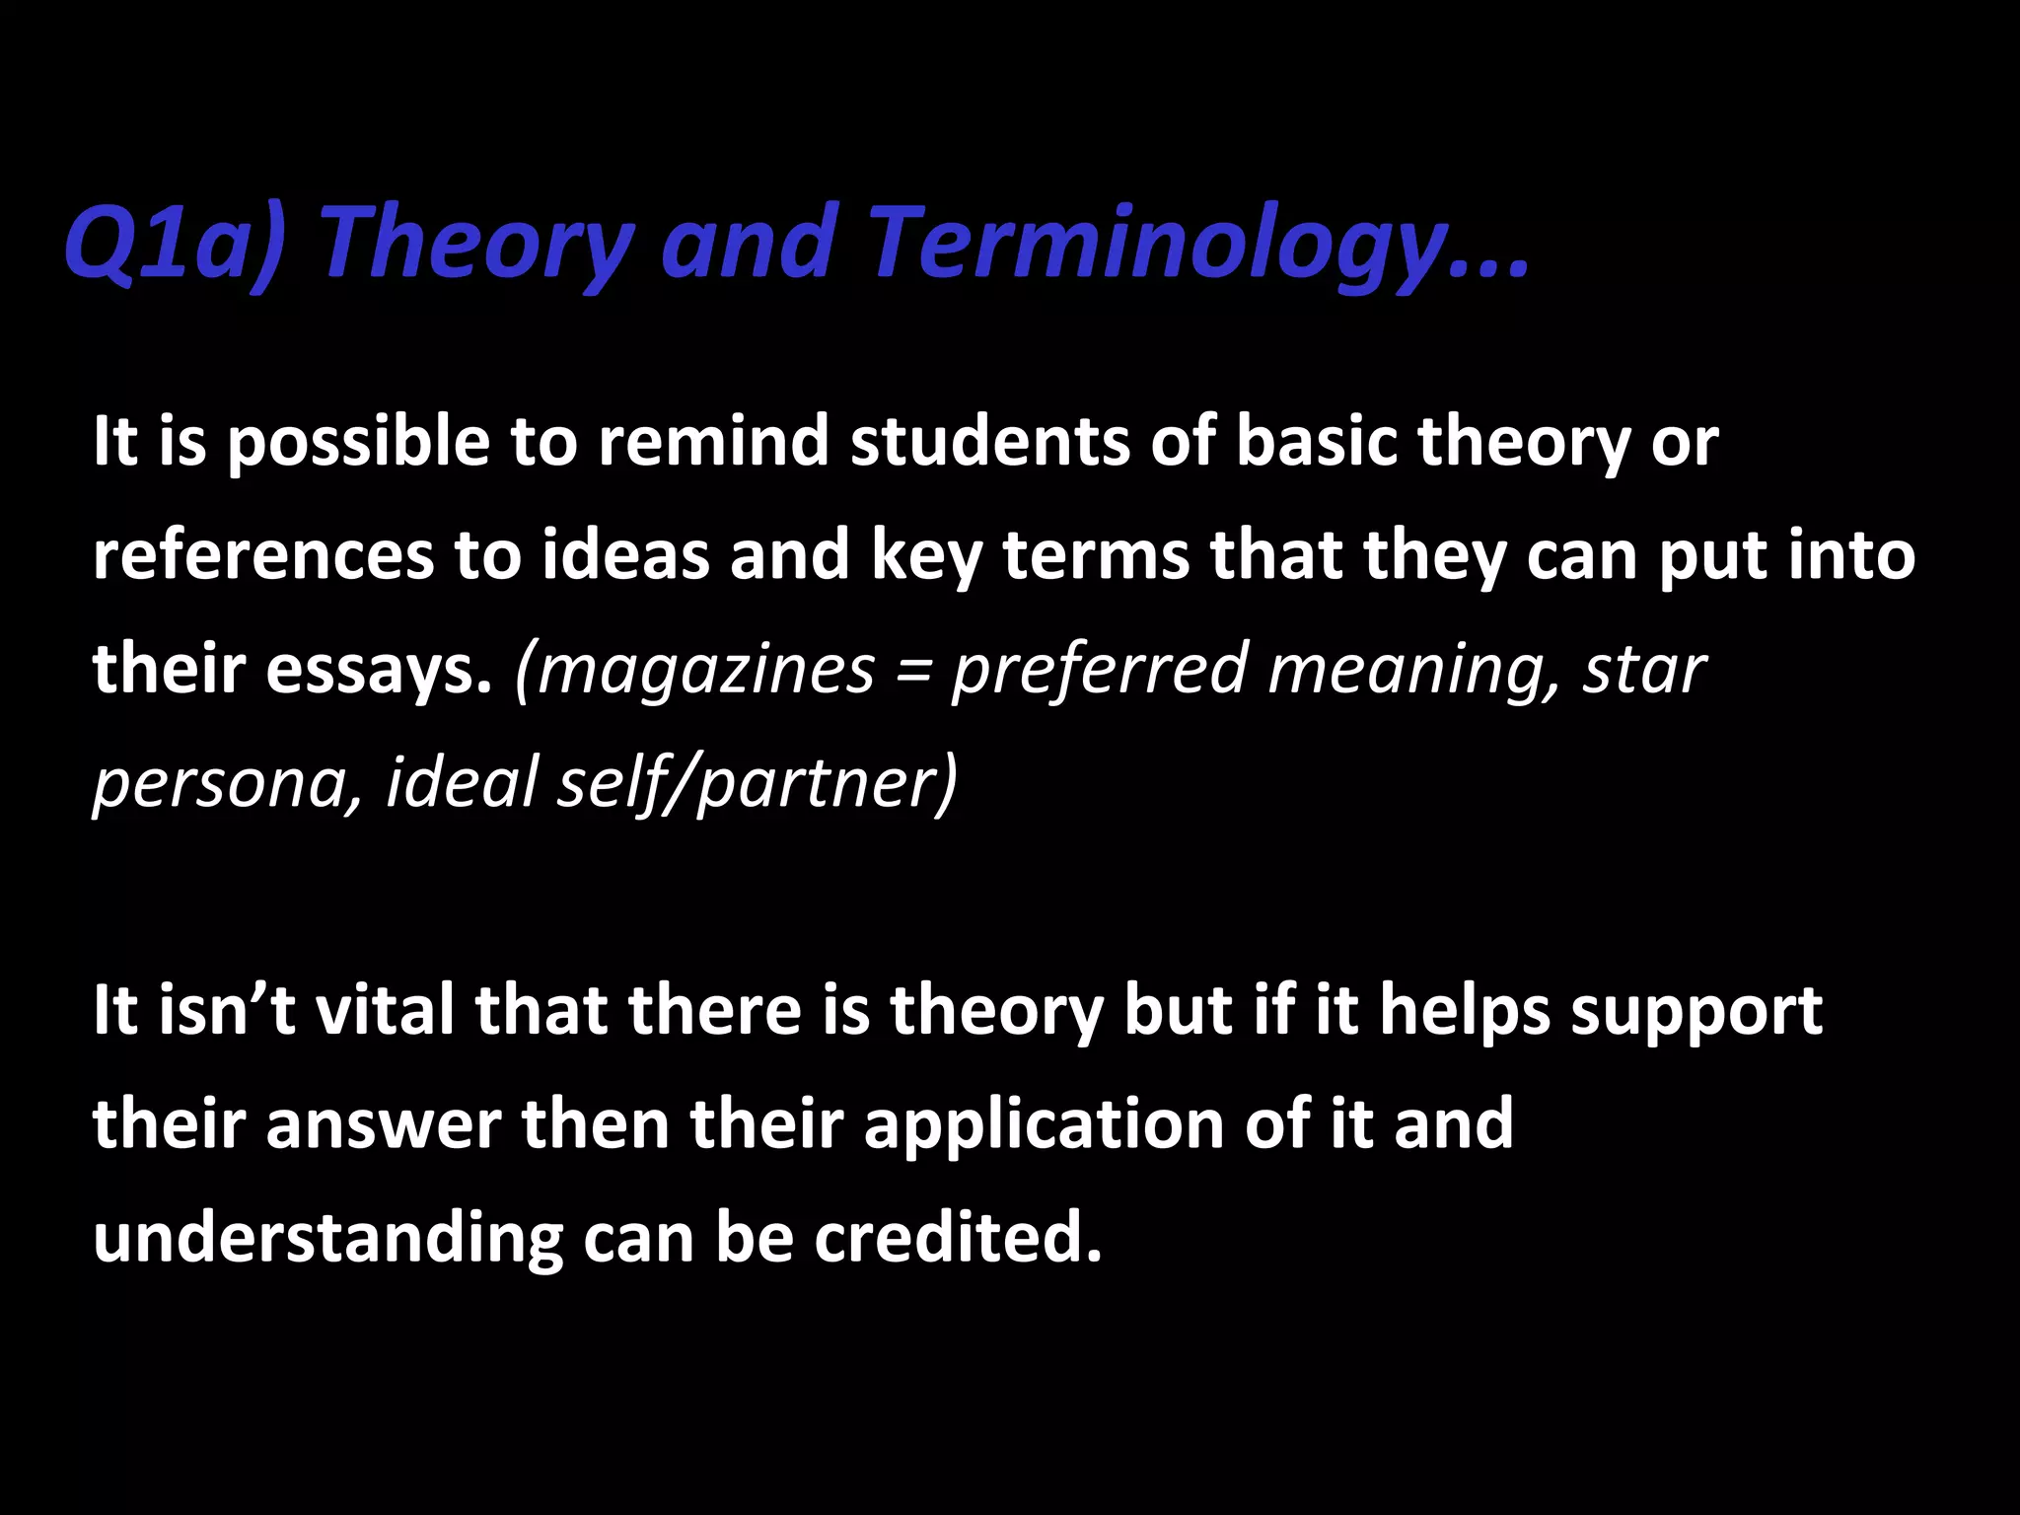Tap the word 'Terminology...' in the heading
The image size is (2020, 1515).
click(x=1199, y=243)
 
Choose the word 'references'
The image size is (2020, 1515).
click(x=262, y=555)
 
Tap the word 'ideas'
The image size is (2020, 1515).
click(x=625, y=555)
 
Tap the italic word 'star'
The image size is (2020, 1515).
click(x=1644, y=670)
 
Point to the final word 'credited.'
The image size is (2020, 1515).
click(x=957, y=1239)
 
